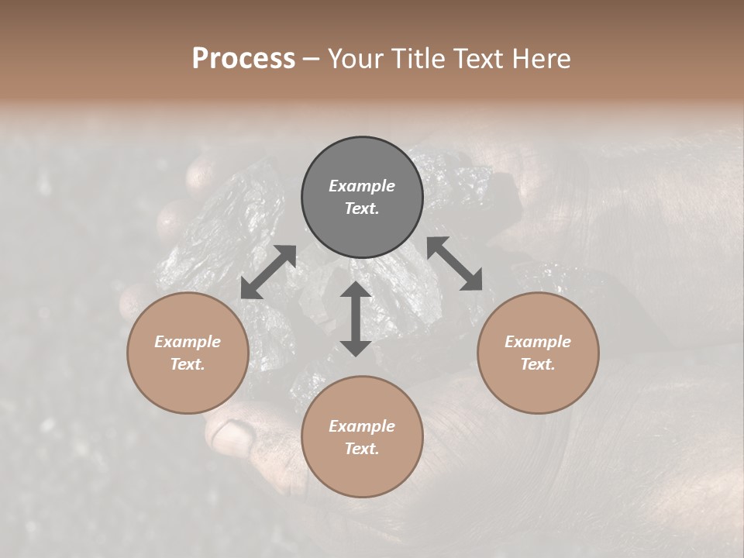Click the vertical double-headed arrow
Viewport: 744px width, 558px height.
tap(356, 319)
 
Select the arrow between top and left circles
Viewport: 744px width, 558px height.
tap(268, 272)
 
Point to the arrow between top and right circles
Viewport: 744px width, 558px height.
tap(455, 263)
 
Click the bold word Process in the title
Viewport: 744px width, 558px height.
tap(243, 59)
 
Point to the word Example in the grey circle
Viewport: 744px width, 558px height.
tap(362, 186)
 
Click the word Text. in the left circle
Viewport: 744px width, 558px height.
tap(188, 364)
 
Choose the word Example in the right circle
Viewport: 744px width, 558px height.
tap(538, 342)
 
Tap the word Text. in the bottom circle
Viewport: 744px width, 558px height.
tap(362, 449)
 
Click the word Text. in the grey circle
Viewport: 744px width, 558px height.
tap(362, 208)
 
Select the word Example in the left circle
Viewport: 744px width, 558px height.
tap(188, 342)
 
